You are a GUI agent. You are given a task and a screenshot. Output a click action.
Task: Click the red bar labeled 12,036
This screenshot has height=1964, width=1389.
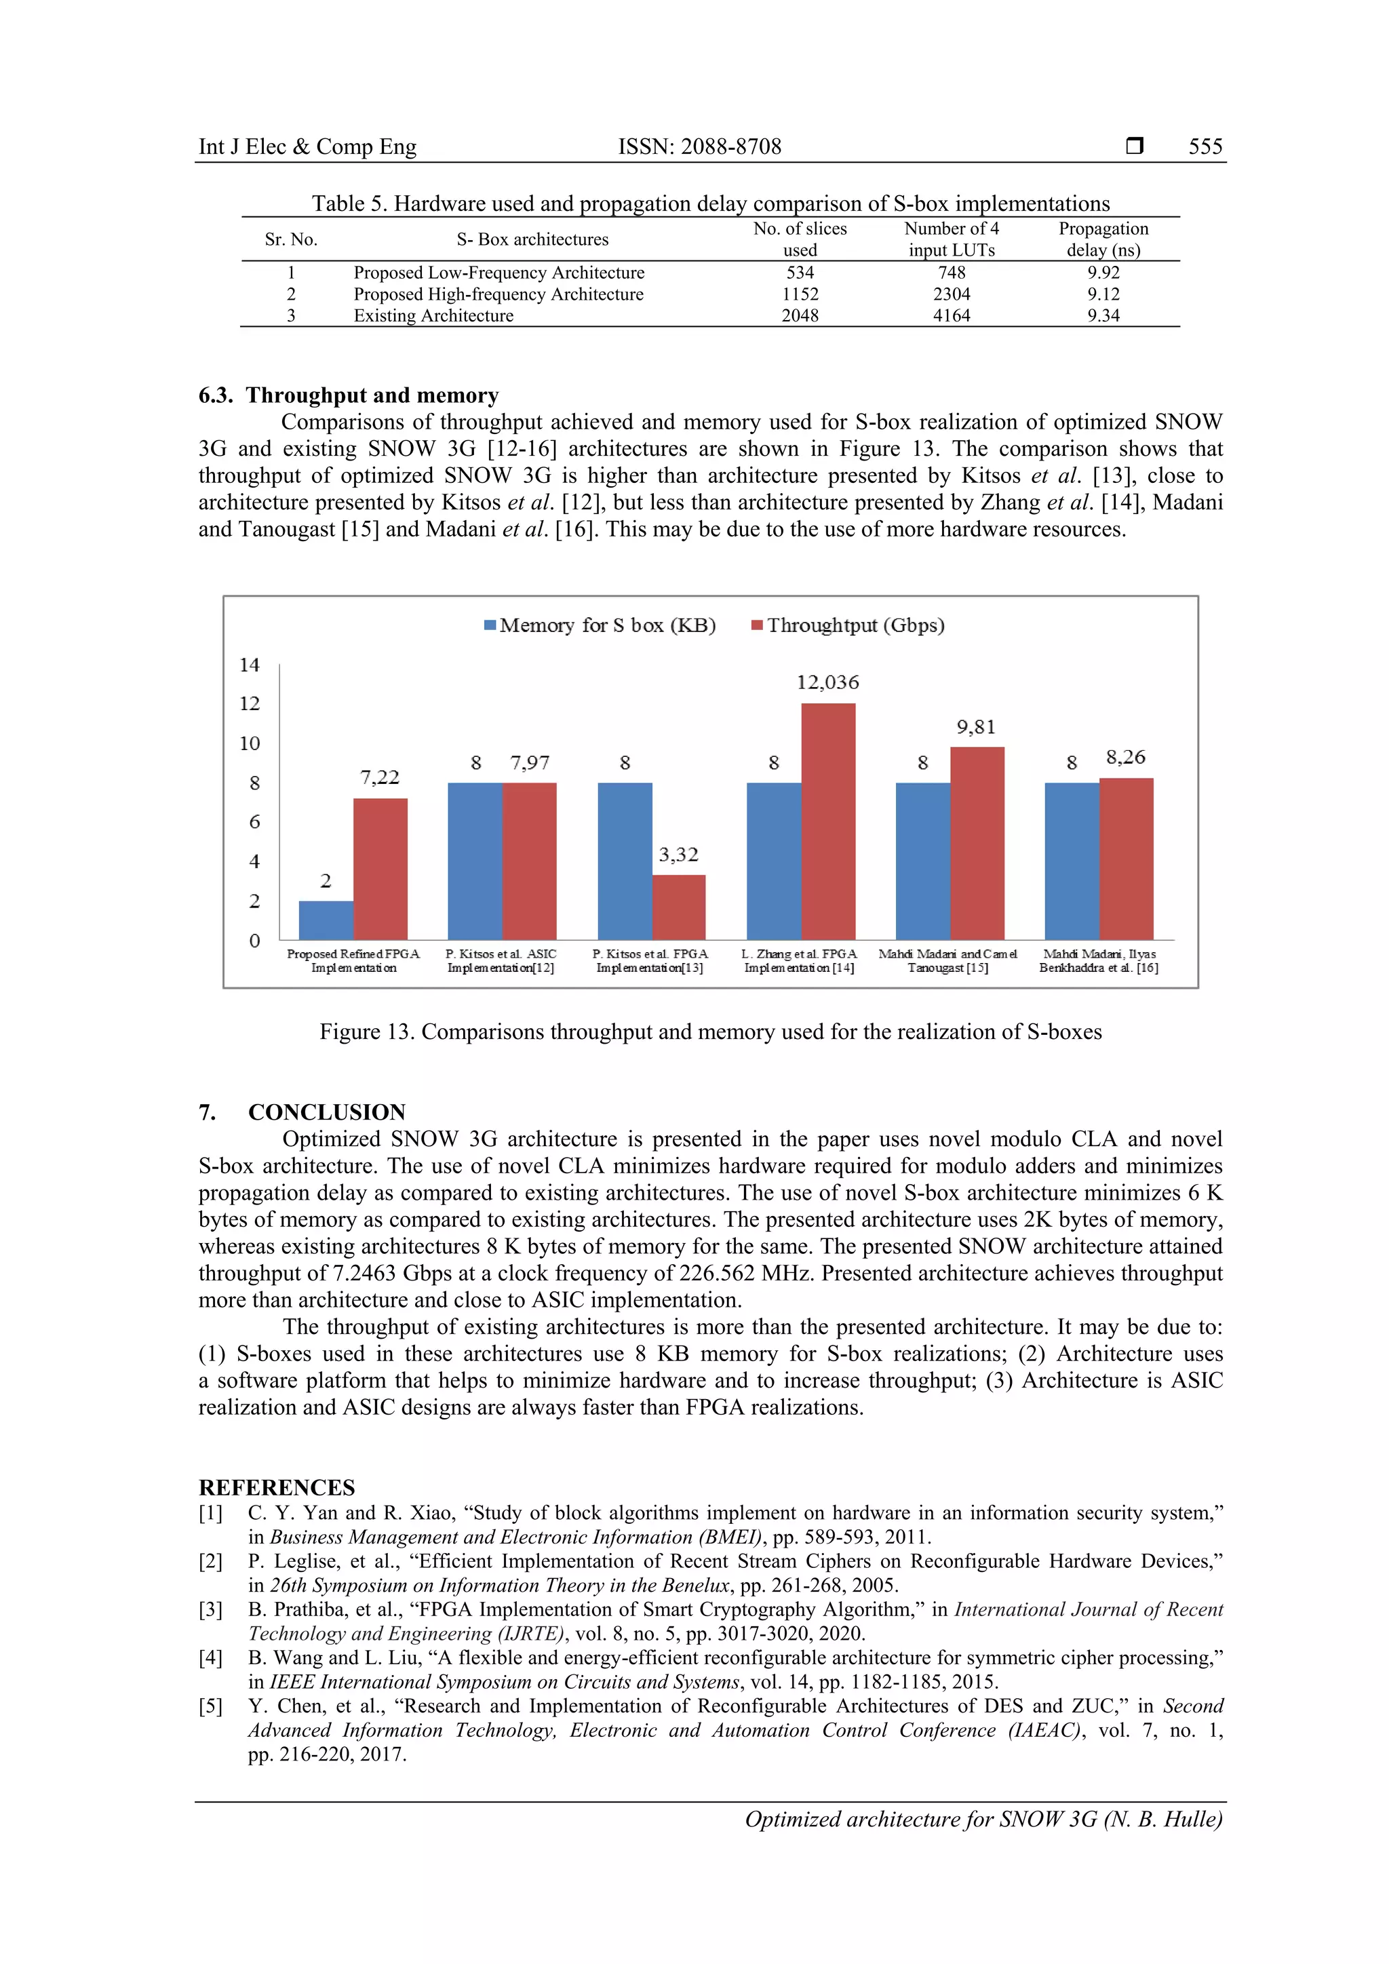828,821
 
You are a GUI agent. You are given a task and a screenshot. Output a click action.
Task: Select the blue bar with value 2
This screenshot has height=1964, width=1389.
326,920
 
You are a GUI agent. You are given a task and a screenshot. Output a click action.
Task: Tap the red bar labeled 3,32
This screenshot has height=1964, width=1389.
678,907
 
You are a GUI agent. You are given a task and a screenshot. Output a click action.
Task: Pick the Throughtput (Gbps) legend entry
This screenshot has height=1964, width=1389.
848,625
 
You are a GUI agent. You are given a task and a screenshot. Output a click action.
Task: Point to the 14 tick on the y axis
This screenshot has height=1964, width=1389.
249,665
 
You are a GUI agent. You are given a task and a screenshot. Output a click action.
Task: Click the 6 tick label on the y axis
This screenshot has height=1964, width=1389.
254,822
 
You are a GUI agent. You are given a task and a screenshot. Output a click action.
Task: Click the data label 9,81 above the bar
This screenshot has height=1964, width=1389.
976,727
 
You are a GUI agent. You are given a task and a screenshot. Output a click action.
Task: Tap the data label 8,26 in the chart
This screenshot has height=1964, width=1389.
1126,757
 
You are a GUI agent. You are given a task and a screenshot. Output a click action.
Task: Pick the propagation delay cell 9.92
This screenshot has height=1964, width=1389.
1103,273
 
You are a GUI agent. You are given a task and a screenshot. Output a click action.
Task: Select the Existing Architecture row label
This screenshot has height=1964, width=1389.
433,315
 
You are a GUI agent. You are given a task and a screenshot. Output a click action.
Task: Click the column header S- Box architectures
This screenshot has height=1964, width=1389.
532,239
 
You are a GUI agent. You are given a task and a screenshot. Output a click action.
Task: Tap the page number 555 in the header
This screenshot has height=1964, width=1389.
1205,146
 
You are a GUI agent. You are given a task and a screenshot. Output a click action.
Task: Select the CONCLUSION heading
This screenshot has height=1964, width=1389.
327,1112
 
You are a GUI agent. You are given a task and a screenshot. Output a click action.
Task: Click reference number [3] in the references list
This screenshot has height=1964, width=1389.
210,1610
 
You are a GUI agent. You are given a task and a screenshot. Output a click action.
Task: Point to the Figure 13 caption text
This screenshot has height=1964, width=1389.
710,1032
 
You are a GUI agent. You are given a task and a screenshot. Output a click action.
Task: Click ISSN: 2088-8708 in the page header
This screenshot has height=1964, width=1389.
700,146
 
